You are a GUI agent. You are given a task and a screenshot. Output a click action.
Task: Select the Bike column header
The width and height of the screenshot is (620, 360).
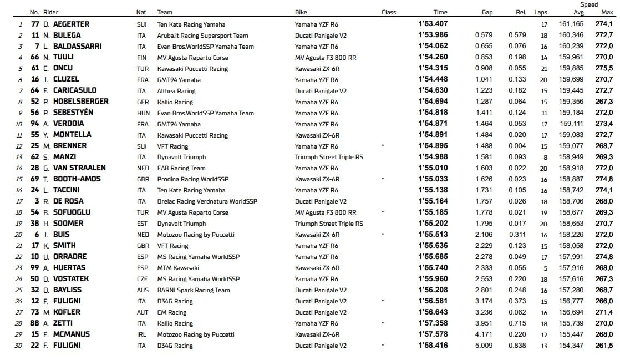click(301, 12)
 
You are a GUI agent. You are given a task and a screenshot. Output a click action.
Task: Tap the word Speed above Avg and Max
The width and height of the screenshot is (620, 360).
click(589, 4)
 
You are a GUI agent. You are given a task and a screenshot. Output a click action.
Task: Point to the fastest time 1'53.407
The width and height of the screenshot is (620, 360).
click(433, 24)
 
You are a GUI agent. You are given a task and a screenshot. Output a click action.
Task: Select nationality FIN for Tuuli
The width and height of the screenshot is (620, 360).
click(141, 57)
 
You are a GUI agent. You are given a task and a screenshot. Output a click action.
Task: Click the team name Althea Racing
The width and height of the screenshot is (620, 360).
click(176, 90)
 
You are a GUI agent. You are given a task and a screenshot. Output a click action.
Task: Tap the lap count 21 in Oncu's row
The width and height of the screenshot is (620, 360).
click(544, 68)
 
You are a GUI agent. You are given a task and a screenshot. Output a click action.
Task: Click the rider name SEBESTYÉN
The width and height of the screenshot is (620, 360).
click(73, 113)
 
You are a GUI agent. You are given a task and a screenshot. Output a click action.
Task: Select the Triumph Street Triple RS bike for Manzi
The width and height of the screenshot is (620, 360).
click(329, 157)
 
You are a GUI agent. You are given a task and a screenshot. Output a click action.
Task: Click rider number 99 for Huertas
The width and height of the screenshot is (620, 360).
click(35, 268)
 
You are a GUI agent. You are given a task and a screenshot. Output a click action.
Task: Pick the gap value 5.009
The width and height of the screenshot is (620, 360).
click(484, 346)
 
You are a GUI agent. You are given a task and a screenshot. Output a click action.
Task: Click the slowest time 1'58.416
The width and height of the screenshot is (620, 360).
click(433, 346)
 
